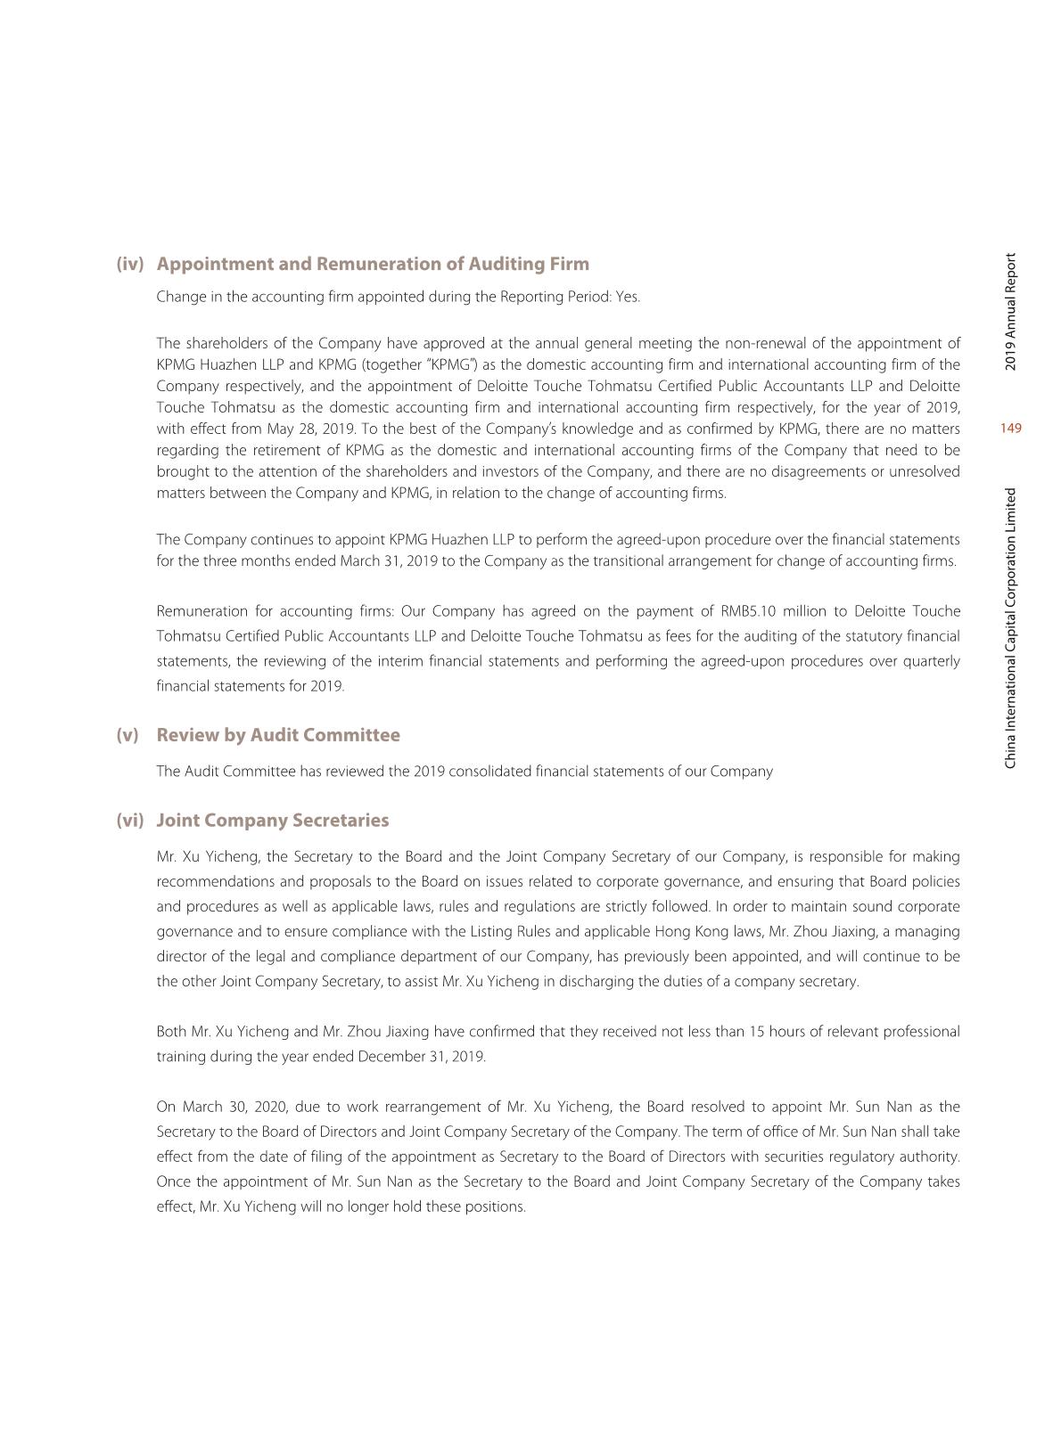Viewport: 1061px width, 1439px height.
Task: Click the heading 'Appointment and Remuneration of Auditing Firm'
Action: pos(373,264)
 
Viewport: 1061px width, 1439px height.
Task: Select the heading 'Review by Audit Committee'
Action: pos(278,735)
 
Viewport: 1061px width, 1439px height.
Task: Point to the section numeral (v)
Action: pos(127,735)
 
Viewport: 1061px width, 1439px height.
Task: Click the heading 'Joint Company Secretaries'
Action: pos(273,820)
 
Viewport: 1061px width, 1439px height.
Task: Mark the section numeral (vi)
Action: pos(130,820)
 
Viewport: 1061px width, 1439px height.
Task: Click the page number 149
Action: pos(1010,429)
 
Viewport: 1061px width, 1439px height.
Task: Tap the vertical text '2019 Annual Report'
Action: pos(1010,312)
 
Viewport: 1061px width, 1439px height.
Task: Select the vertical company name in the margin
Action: pos(1010,628)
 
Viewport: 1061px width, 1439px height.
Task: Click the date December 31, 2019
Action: pos(422,1057)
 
